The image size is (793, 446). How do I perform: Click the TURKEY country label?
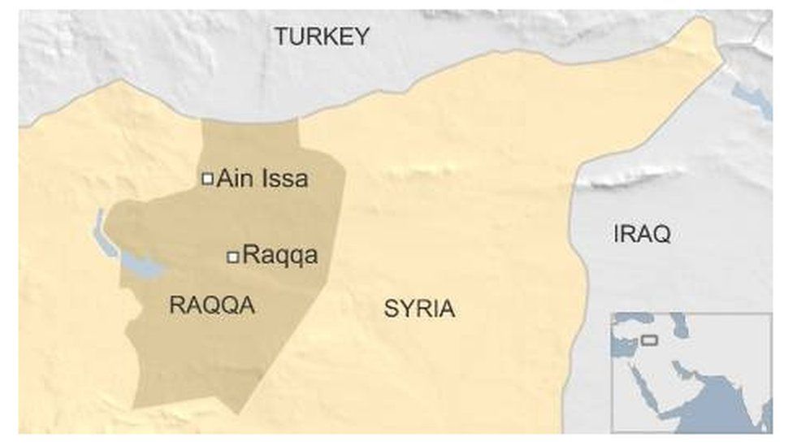coord(321,37)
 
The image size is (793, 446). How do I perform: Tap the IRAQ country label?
coord(642,235)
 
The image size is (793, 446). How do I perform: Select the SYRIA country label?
coord(419,309)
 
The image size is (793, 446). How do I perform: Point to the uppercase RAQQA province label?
coord(211,305)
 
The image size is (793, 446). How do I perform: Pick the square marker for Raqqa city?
coord(233,257)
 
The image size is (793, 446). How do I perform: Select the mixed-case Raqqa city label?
coord(280,256)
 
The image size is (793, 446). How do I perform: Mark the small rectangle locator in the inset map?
coord(648,339)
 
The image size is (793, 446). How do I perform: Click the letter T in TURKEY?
coord(280,37)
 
